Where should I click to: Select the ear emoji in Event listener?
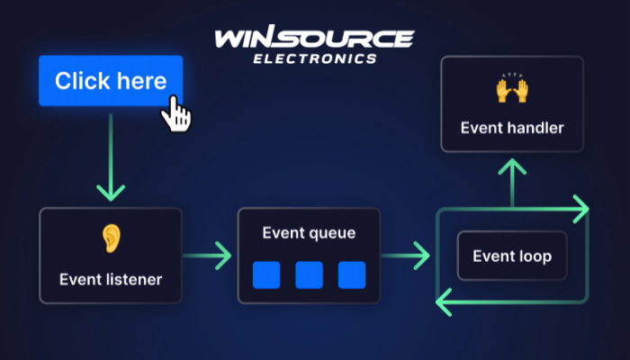[111, 238]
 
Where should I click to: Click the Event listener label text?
[111, 279]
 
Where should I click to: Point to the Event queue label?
[309, 234]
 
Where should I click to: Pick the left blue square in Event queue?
[265, 274]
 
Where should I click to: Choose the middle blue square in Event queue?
[309, 274]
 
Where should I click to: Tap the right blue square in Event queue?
[352, 274]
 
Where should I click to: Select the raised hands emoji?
[511, 90]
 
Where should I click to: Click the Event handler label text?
[512, 128]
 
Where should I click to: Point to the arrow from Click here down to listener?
[111, 157]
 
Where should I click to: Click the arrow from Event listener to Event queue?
[209, 256]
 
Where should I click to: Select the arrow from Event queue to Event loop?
[407, 256]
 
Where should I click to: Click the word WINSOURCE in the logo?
[314, 39]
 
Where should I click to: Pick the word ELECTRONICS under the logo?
[314, 58]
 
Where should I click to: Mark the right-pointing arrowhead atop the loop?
[580, 209]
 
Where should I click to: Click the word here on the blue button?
[141, 81]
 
